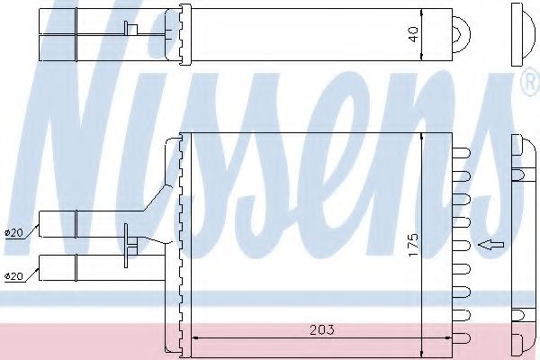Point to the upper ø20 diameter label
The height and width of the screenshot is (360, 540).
click(13, 233)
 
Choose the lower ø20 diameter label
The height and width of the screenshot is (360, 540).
click(13, 275)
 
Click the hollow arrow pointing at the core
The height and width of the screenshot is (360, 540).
click(490, 243)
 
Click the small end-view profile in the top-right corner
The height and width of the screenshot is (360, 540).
click(521, 34)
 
